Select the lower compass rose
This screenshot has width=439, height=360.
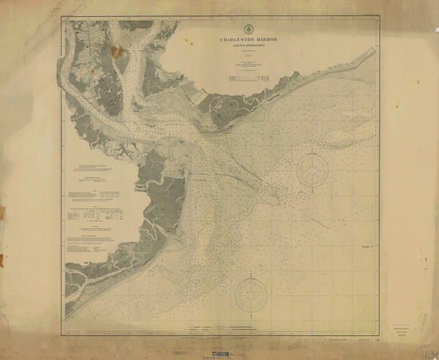250,295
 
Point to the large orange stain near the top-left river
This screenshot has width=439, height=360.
118,52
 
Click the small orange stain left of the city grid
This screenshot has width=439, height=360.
88,74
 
